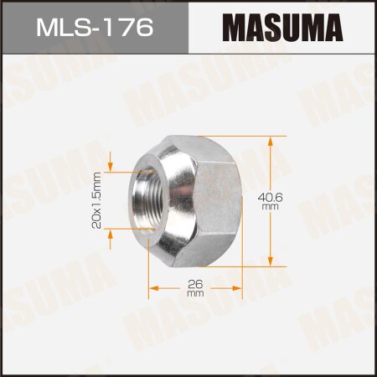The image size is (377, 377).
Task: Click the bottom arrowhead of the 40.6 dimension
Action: [269, 261]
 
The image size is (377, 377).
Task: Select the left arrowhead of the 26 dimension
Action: [153, 289]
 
